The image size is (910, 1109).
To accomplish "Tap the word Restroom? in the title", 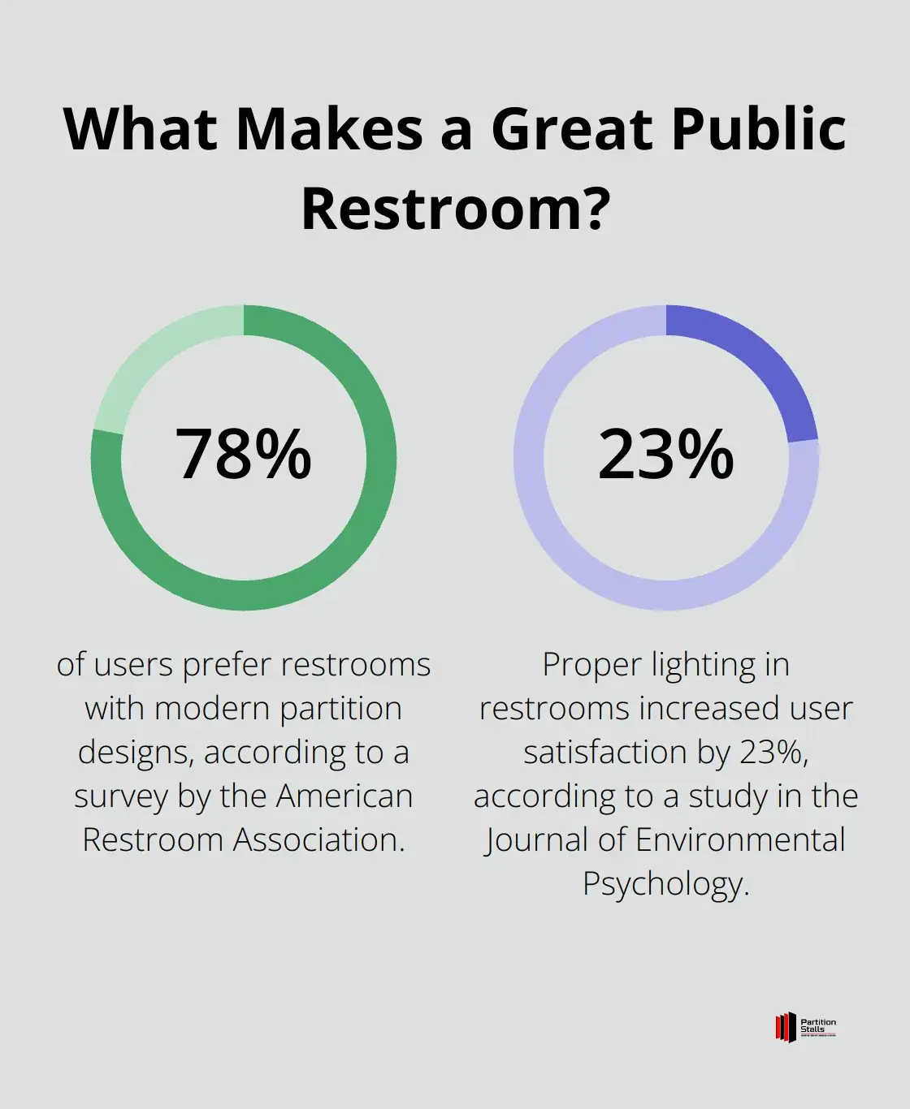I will tap(455, 208).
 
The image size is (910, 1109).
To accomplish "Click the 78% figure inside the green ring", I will tap(243, 455).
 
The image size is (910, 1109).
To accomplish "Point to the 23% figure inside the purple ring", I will tap(665, 455).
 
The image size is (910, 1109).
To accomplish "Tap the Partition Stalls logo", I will tap(805, 1027).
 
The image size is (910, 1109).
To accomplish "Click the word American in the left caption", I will tap(344, 796).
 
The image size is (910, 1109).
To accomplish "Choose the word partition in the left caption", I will tap(341, 709).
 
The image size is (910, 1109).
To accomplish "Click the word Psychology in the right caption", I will tap(665, 883).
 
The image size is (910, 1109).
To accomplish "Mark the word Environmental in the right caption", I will tap(740, 839).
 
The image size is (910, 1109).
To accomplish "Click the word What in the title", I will tap(140, 129).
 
